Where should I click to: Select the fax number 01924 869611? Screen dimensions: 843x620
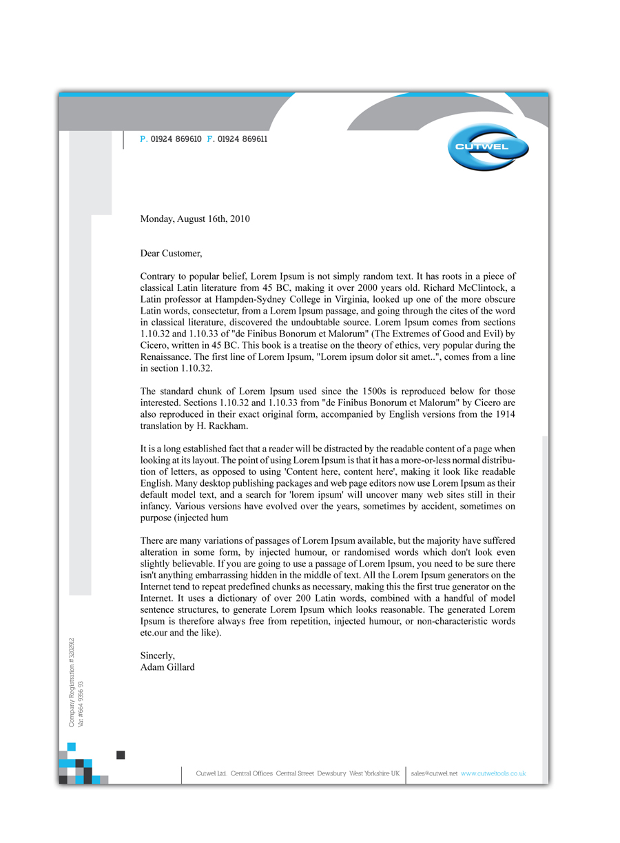point(242,139)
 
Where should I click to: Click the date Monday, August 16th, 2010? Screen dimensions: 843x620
point(195,219)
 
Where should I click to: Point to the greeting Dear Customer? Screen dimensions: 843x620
point(171,254)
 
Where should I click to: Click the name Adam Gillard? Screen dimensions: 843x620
point(167,667)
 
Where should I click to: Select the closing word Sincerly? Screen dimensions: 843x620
point(158,656)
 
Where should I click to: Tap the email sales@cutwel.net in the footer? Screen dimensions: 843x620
point(434,774)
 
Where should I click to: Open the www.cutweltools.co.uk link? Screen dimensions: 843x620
point(493,774)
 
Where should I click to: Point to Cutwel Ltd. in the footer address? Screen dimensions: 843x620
point(211,774)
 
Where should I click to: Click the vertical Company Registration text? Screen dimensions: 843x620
point(71,682)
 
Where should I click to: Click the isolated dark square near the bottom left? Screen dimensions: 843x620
point(121,755)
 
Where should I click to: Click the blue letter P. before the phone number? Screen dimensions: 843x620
point(143,139)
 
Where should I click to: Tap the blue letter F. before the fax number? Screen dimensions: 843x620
point(210,139)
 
